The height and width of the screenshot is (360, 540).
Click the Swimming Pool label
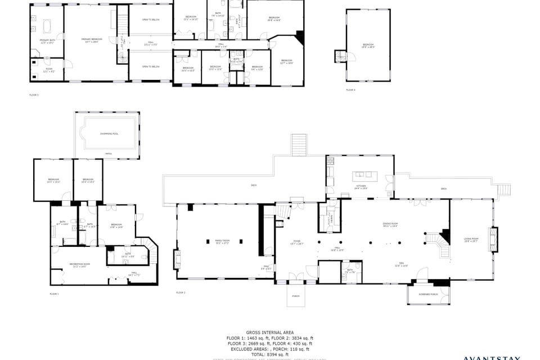109,133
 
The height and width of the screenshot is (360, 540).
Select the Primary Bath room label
47,41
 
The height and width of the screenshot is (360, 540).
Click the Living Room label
470,240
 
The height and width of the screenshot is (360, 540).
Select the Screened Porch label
429,294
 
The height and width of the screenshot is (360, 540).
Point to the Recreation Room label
78,265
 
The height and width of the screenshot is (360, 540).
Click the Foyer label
296,243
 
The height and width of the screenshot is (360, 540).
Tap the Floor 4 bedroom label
368,46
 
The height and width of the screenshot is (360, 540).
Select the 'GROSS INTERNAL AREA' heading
269,332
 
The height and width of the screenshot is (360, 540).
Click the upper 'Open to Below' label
151,20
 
